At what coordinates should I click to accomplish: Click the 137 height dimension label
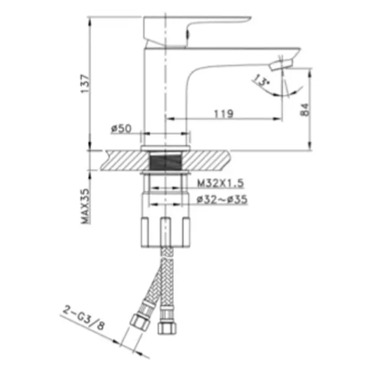click(x=85, y=84)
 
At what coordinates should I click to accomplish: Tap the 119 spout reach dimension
click(x=224, y=114)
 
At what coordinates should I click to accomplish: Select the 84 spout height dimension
click(x=305, y=110)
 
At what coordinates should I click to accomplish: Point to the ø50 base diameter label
click(x=121, y=129)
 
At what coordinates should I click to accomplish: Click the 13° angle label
click(x=261, y=80)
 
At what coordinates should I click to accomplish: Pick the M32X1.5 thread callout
click(x=220, y=183)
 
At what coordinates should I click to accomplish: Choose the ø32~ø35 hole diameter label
click(x=222, y=199)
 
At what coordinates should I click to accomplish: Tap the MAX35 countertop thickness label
click(x=85, y=206)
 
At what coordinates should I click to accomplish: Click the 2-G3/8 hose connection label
click(x=84, y=319)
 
